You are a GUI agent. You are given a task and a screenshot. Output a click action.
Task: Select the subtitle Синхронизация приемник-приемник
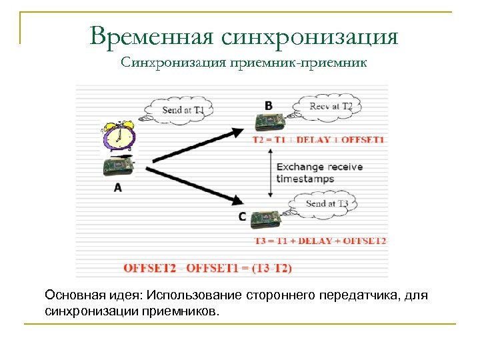pos(244,63)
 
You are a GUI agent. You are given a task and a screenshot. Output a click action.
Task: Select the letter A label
pos(118,188)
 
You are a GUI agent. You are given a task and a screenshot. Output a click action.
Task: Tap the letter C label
pos(241,217)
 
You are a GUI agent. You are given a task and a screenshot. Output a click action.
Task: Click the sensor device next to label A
pos(119,166)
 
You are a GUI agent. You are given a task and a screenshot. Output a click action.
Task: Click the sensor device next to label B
pos(269,123)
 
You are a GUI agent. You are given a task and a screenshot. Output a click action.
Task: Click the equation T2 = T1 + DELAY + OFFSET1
pos(318,141)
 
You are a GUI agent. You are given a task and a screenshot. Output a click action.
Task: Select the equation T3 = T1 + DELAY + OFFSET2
pos(320,241)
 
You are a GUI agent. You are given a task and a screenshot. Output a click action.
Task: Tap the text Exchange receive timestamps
pos(319,173)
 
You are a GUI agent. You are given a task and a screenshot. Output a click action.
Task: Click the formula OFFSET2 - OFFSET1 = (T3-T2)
pos(207,268)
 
